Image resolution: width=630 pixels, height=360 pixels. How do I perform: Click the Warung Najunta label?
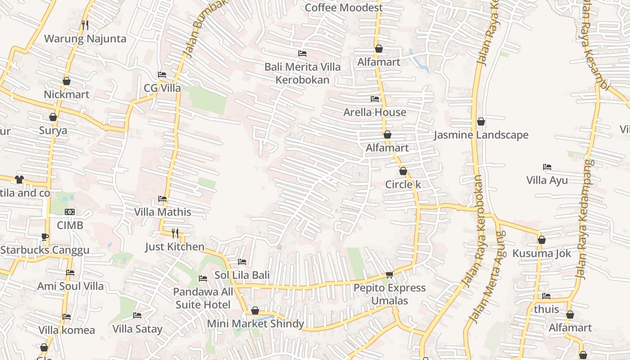[85, 39]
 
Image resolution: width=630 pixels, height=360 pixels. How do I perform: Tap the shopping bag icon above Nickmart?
[67, 81]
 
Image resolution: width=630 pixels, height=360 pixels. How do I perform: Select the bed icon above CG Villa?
[162, 75]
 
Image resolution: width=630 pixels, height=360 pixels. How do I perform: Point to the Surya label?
[53, 131]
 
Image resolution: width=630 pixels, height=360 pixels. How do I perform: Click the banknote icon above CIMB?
[70, 212]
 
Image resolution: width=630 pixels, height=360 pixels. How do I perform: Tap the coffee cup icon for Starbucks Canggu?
[45, 237]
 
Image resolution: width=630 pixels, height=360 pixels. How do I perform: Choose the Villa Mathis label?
[162, 212]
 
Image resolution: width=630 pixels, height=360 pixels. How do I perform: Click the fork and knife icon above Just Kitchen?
[175, 233]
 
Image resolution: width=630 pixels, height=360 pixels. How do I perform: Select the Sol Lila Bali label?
[242, 275]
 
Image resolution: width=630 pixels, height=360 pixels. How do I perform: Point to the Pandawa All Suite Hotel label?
[203, 298]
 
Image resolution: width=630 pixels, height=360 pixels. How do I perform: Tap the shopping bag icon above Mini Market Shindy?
[255, 310]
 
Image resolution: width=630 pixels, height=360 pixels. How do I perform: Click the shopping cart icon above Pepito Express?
[389, 274]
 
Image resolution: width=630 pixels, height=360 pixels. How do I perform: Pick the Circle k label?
[403, 184]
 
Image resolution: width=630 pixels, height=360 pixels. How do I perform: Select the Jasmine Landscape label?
[481, 135]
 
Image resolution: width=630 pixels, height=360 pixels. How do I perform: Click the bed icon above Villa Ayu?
[547, 167]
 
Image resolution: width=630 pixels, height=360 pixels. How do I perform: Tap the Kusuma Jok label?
[542, 253]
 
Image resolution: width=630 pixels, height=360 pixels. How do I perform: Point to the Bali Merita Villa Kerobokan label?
[302, 73]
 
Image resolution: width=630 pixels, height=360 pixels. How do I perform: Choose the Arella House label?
[375, 112]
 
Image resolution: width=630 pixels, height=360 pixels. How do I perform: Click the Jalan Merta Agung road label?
[487, 277]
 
